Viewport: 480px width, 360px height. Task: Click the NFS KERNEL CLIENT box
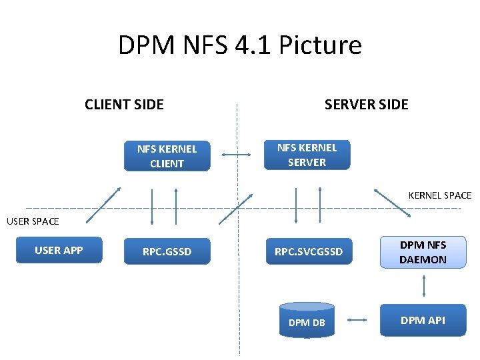[167, 157]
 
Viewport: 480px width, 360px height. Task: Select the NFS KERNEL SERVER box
[307, 155]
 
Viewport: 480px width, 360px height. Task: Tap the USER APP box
[59, 250]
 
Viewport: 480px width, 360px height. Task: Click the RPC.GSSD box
[167, 251]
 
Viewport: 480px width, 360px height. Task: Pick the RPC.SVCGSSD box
[309, 251]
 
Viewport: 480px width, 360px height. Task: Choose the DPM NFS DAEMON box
[423, 252]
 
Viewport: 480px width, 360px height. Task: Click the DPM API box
[423, 321]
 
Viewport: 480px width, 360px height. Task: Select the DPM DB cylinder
[307, 319]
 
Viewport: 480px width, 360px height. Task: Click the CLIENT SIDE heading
[124, 104]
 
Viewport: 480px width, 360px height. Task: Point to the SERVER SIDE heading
[366, 104]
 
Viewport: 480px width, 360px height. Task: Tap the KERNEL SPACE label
[439, 195]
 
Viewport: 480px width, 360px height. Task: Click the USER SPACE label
[33, 221]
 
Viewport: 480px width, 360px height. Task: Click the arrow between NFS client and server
[236, 155]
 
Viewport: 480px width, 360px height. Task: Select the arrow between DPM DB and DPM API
[357, 320]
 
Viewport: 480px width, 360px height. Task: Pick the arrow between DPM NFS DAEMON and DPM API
[423, 286]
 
